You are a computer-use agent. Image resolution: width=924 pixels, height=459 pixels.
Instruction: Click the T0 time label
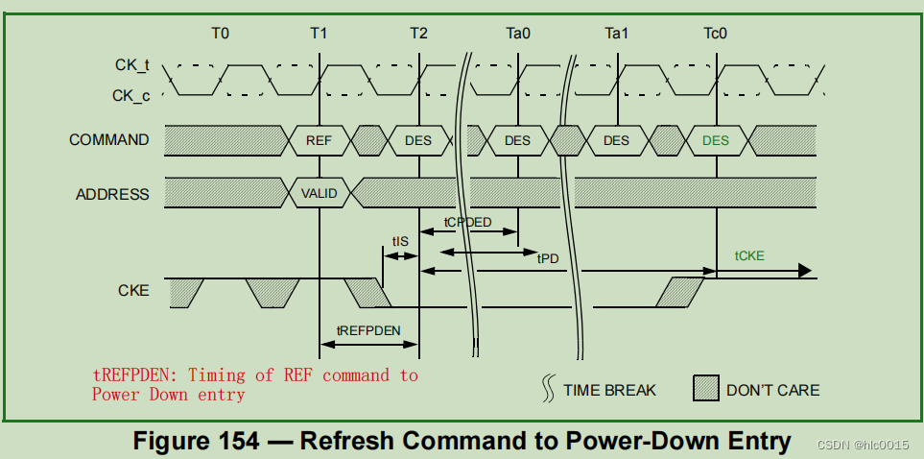tap(221, 34)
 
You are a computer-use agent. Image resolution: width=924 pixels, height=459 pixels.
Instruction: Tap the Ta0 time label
tap(518, 34)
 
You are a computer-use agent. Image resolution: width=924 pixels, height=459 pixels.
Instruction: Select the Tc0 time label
tap(716, 34)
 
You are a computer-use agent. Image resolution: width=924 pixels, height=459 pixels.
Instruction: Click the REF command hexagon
tap(320, 140)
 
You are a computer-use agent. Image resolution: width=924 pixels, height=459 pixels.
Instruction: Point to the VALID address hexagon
tap(320, 193)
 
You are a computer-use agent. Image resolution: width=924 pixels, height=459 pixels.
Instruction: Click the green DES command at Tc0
tap(716, 140)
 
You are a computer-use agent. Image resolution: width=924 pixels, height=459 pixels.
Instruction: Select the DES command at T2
tap(418, 140)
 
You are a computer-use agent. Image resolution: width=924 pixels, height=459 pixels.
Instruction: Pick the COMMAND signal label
tap(108, 140)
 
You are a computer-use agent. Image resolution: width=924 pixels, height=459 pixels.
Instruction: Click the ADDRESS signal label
tap(112, 194)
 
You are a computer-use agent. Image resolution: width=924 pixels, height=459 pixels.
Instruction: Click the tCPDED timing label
tap(467, 222)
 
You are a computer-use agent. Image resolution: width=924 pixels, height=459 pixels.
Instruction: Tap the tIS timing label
tap(400, 241)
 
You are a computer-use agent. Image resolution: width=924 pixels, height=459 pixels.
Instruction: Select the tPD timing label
tap(548, 258)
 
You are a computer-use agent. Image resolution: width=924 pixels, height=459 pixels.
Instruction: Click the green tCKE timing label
tap(749, 255)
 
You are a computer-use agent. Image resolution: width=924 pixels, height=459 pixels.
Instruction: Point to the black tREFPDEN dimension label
tap(368, 329)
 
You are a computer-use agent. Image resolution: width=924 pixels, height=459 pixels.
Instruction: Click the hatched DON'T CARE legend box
tap(705, 389)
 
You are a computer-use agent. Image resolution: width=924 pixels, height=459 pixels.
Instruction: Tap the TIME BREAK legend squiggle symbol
tap(550, 389)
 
